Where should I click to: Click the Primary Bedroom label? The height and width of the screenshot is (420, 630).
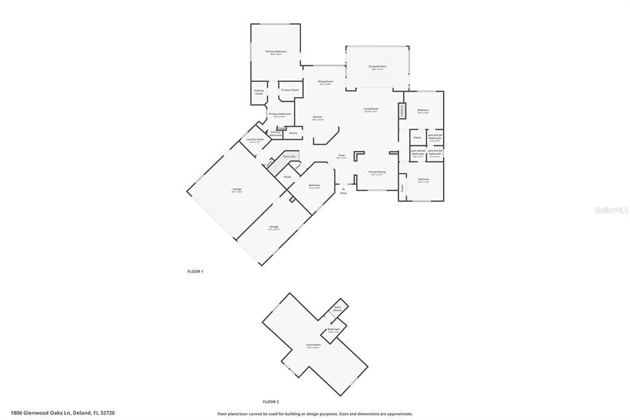point(276,52)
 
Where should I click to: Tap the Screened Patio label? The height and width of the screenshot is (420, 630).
point(377,67)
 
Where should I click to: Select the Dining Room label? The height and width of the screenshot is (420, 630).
point(325,82)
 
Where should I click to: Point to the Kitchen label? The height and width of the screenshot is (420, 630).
point(317,117)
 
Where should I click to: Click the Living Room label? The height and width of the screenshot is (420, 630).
point(371,109)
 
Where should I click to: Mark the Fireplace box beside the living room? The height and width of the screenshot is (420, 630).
point(402,111)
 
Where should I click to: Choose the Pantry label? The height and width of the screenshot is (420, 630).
point(293,133)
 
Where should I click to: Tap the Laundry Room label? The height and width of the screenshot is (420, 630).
point(255,140)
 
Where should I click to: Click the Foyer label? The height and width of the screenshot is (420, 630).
point(341,156)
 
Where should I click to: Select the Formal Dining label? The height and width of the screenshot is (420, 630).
point(377,172)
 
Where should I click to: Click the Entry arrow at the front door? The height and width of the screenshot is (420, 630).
point(343,190)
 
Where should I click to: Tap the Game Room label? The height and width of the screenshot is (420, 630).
point(314,345)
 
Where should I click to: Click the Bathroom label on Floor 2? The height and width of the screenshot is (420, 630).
point(333,329)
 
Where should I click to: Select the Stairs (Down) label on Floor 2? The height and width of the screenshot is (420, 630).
point(337,309)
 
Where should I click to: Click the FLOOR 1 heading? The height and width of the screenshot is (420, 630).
point(195,271)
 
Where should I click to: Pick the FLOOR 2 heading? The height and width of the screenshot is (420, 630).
point(271,401)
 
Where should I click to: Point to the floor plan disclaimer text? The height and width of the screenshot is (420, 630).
point(314,414)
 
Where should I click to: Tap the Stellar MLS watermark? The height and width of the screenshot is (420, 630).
point(610,210)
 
